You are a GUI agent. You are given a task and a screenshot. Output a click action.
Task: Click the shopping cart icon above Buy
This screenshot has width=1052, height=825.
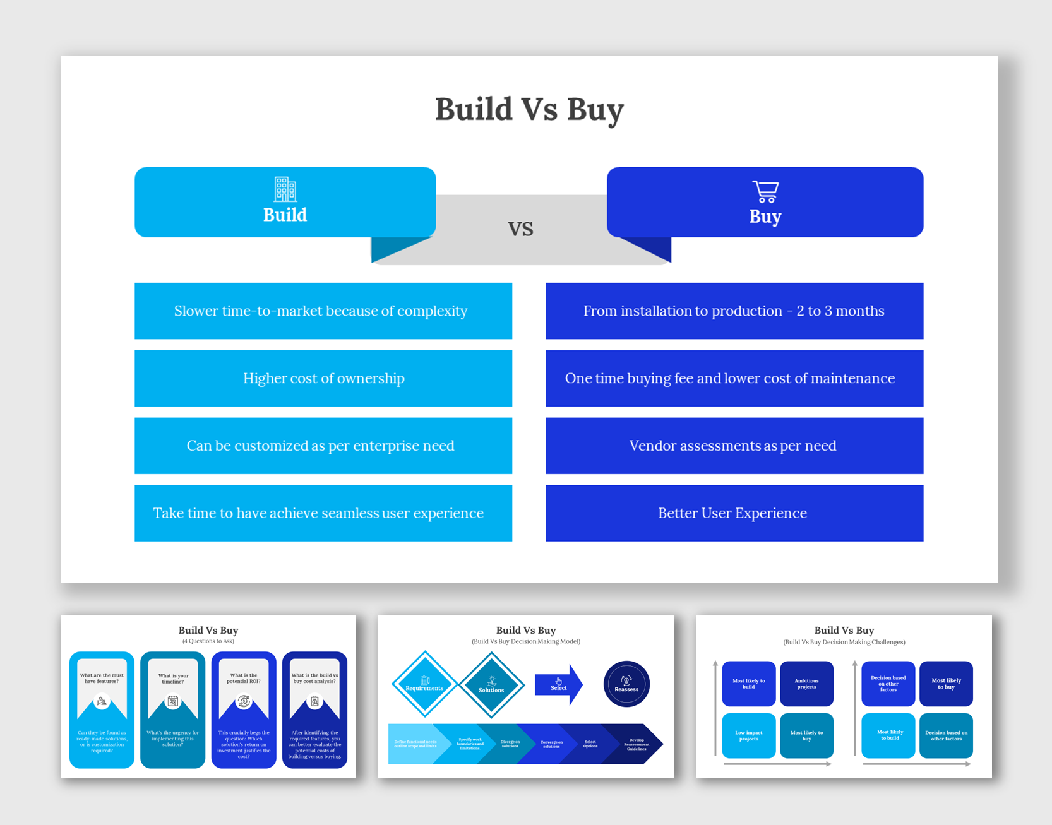click(765, 191)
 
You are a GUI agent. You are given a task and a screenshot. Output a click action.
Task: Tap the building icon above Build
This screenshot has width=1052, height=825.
click(285, 189)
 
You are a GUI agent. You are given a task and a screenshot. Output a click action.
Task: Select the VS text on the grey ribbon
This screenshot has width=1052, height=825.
click(520, 229)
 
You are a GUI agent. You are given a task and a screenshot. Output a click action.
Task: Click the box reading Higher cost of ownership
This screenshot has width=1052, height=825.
click(323, 378)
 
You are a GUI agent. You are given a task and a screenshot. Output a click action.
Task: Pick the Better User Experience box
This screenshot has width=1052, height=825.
click(734, 513)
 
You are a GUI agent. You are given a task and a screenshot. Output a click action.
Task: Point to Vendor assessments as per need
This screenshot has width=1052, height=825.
click(734, 446)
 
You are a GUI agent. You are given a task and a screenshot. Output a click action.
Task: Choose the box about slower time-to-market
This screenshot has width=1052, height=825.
click(323, 311)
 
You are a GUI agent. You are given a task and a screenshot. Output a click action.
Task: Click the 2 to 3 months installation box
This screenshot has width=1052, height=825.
click(734, 311)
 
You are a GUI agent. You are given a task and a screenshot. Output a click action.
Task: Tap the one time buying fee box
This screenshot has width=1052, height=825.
click(734, 378)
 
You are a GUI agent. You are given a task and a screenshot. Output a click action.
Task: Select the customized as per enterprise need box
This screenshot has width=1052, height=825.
click(323, 446)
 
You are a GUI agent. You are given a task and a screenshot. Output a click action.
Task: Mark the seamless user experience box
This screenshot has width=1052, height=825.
click(323, 513)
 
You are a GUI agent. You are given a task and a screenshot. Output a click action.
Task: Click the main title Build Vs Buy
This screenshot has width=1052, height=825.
click(529, 109)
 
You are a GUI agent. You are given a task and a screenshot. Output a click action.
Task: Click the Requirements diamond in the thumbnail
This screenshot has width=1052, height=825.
click(424, 684)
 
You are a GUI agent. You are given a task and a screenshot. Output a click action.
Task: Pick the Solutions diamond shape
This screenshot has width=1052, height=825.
click(491, 685)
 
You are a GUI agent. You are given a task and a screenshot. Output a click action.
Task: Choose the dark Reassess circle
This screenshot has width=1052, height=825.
click(626, 684)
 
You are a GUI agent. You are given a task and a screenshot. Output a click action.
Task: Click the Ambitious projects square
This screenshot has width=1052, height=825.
click(806, 684)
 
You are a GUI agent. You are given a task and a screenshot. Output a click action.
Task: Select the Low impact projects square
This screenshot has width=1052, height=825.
click(748, 735)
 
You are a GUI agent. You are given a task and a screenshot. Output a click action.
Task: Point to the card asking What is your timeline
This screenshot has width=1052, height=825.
click(172, 709)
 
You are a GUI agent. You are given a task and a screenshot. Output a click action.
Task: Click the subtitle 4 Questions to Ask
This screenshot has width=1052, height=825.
click(208, 641)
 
